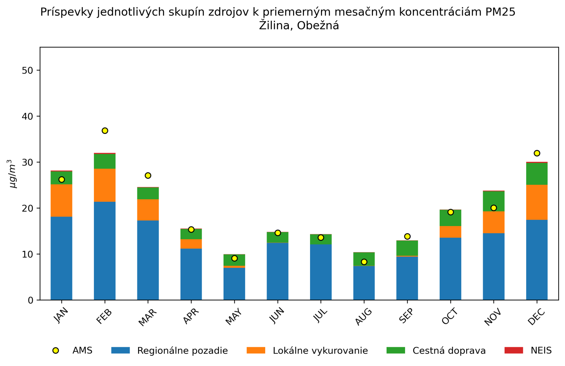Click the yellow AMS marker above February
(x=105, y=131)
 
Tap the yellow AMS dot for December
(x=537, y=153)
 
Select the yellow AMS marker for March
(x=148, y=176)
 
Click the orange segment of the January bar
(x=61, y=200)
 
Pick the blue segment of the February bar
(x=105, y=251)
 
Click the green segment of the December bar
(x=537, y=174)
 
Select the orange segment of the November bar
(x=494, y=222)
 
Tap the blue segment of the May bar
(x=234, y=284)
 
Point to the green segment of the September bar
(x=407, y=248)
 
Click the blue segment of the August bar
(x=364, y=283)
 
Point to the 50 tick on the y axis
(x=27, y=70)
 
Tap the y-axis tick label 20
(x=27, y=208)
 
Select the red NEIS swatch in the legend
(x=514, y=350)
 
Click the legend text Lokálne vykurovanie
(x=320, y=351)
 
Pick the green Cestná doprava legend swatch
(x=396, y=350)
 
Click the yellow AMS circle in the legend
(x=55, y=350)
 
